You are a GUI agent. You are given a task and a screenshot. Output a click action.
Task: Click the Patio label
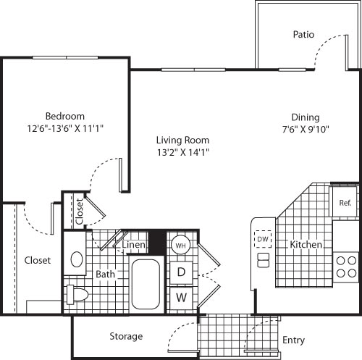pyautogui.click(x=303, y=34)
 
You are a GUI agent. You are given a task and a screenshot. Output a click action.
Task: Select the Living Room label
pyautogui.click(x=183, y=140)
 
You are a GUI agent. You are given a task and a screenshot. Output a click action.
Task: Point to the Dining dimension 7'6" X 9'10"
pyautogui.click(x=306, y=129)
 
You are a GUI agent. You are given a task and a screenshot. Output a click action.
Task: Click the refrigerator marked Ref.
pyautogui.click(x=345, y=203)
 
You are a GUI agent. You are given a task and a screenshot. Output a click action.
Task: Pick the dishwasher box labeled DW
pyautogui.click(x=262, y=239)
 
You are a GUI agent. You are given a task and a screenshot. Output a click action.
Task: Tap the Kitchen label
pyautogui.click(x=306, y=245)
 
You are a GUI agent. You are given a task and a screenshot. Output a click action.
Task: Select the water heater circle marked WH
pyautogui.click(x=181, y=245)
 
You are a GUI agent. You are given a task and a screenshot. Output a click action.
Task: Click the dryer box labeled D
pyautogui.click(x=182, y=272)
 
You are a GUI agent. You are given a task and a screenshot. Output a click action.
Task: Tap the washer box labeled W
pyautogui.click(x=182, y=297)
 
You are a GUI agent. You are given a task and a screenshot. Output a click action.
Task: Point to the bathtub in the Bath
pyautogui.click(x=148, y=285)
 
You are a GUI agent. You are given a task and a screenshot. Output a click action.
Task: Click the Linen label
pyautogui.click(x=134, y=246)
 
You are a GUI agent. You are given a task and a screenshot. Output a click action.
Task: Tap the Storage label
pyautogui.click(x=126, y=336)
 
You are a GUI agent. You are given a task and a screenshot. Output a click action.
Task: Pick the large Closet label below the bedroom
pyautogui.click(x=38, y=260)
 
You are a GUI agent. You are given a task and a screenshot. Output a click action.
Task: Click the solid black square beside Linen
pyautogui.click(x=157, y=241)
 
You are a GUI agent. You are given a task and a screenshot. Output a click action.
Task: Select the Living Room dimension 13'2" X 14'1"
pyautogui.click(x=183, y=152)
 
